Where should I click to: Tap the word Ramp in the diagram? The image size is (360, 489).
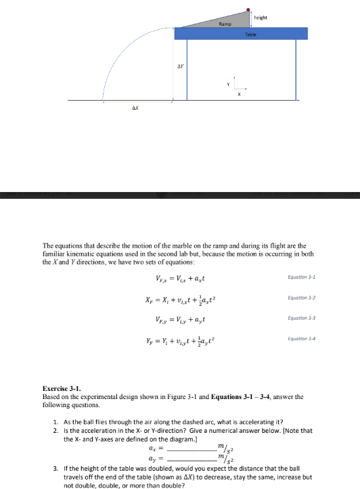pos(225,24)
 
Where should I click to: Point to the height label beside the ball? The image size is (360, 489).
pos(264,18)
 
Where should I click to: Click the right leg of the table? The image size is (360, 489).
pos(296,70)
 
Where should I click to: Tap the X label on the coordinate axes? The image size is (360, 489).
pos(238,94)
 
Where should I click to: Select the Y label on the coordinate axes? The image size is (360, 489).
pos(228,84)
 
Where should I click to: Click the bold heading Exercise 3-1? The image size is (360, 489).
pos(62,389)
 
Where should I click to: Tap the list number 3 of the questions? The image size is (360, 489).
pos(55,469)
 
